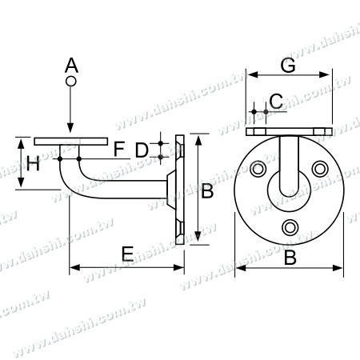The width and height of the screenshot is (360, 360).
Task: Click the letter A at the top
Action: (71, 64)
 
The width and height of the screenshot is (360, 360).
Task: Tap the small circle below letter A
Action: (71, 82)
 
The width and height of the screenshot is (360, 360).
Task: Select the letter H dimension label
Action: (32, 165)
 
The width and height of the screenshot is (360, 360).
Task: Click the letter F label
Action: (118, 148)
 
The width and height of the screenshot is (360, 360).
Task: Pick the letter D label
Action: (141, 149)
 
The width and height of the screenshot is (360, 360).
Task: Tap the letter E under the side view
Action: (126, 254)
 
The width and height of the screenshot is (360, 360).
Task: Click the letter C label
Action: (275, 101)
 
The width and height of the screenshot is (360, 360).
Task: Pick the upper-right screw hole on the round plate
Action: (321, 169)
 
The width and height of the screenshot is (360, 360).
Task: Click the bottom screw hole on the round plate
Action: (290, 228)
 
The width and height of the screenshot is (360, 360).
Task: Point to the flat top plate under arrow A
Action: (71, 140)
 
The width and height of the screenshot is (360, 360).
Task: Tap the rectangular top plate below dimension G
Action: (289, 130)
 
